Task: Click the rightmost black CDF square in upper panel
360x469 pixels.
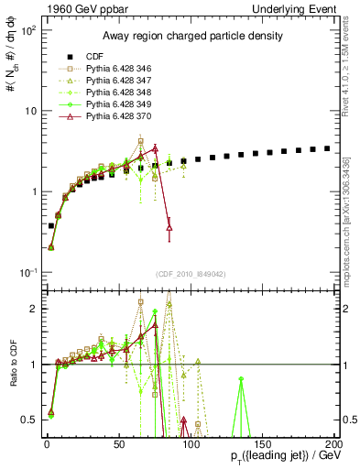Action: (x=327, y=147)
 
